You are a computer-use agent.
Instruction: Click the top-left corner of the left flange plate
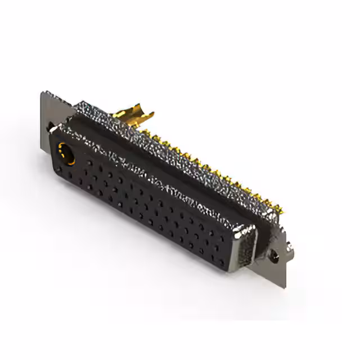coord(43,92)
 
